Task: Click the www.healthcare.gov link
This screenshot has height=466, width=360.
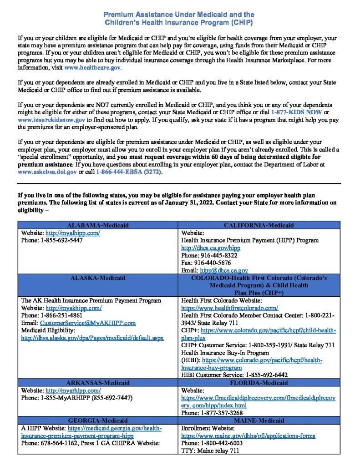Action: [x=93, y=67]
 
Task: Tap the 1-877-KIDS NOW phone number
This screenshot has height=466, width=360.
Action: [x=297, y=112]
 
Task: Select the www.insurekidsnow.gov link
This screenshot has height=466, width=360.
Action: [x=51, y=120]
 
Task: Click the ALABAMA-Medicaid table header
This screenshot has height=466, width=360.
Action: [x=98, y=225]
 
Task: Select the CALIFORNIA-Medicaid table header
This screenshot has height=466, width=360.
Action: [x=259, y=225]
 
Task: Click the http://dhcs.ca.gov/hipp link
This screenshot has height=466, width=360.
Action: [x=211, y=248]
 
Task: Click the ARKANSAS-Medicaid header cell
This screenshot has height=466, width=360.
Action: [x=98, y=383]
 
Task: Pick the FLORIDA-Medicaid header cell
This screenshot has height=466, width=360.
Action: [x=259, y=383]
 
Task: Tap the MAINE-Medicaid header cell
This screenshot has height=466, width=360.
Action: [x=259, y=420]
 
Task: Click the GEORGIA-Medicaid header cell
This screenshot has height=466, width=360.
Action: [x=98, y=420]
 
